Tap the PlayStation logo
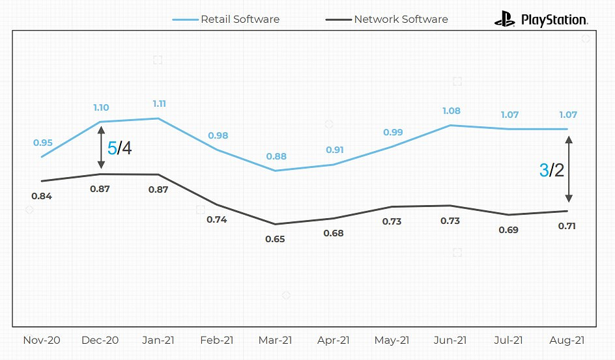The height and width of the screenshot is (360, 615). tap(541, 20)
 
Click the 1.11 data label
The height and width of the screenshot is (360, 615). tap(158, 104)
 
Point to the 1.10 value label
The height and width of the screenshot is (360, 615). tap(101, 107)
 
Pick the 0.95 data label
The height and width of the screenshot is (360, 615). tap(42, 143)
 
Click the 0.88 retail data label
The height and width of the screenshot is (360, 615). tap(276, 156)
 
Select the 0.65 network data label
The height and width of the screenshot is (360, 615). tap(276, 239)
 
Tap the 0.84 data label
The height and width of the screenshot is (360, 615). tap(42, 196)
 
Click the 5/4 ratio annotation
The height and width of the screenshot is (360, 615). tap(119, 148)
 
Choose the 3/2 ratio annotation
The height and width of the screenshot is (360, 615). tap(552, 171)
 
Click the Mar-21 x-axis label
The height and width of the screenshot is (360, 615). tap(276, 340)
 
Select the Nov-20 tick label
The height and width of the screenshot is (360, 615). tap(42, 340)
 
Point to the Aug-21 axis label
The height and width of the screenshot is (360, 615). tap(567, 340)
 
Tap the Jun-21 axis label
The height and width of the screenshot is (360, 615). tap(450, 340)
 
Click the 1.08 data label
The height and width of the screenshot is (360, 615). tap(450, 111)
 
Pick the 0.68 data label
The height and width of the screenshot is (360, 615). tap(334, 233)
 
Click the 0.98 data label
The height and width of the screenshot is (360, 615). tap(218, 135)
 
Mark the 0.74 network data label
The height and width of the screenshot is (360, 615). tap(217, 219)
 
